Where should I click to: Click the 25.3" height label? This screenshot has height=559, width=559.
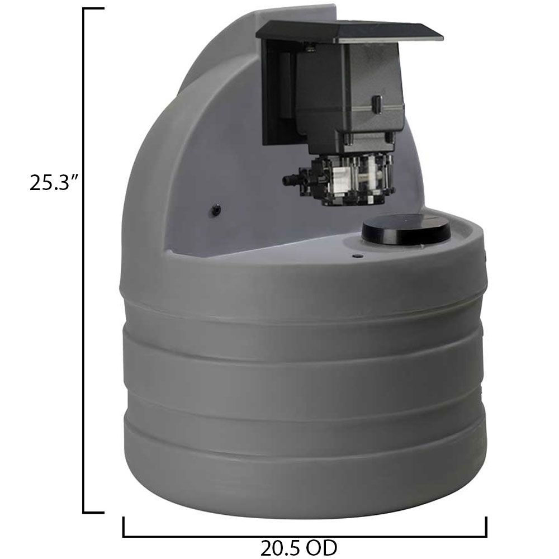pos(53,182)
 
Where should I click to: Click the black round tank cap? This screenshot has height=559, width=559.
pos(406,230)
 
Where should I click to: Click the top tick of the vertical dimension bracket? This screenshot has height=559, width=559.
pos(93,10)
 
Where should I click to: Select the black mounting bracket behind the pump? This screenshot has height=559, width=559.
pos(277,95)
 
